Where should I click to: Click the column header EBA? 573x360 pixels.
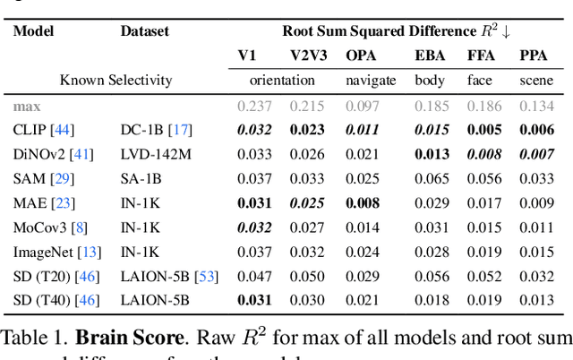click(429, 56)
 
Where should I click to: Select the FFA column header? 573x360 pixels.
click(481, 56)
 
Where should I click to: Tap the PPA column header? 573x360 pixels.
click(534, 56)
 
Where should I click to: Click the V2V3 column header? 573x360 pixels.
click(308, 56)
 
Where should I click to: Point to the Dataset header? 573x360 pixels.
click(145, 30)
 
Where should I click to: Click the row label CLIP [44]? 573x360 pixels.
click(42, 129)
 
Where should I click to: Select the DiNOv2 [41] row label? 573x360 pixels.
click(48, 153)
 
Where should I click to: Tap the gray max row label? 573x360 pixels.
click(27, 105)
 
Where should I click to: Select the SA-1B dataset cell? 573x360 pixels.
click(142, 178)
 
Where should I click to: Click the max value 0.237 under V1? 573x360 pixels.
click(254, 105)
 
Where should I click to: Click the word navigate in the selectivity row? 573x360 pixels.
click(371, 80)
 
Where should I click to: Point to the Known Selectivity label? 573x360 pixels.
click(115, 80)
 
